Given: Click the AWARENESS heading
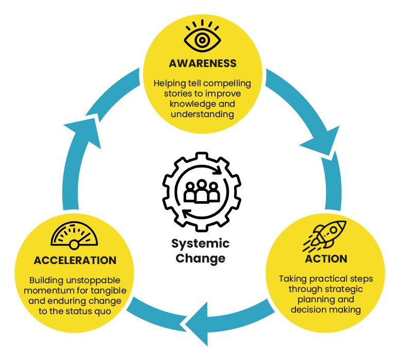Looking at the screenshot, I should [x=202, y=63].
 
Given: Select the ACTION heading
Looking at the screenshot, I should [x=325, y=258].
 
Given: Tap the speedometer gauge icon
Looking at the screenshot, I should [x=75, y=235].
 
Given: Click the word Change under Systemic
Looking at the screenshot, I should [x=201, y=258].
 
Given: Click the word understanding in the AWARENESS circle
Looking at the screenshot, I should [x=202, y=114].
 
